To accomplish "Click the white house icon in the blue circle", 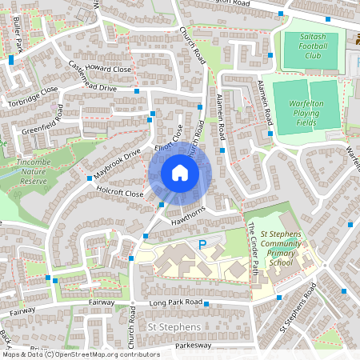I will click(x=180, y=173).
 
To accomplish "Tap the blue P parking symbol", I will click(x=202, y=244).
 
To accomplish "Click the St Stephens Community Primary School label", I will click(x=279, y=253).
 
